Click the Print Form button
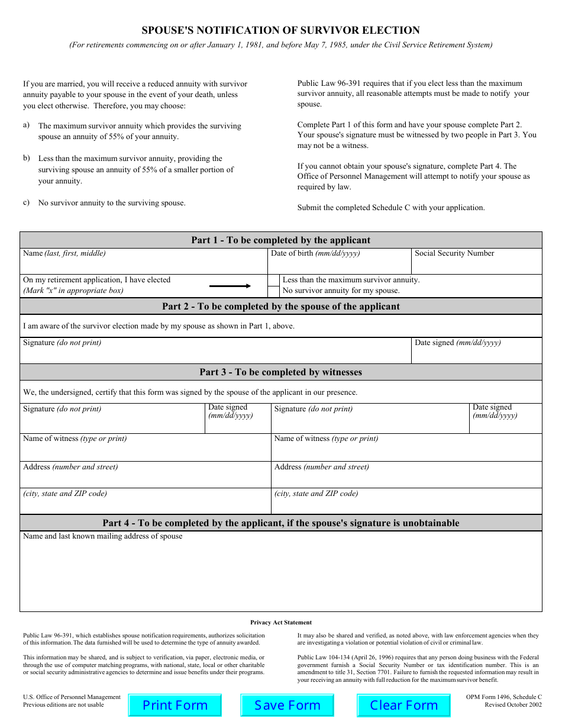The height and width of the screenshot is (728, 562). point(175,706)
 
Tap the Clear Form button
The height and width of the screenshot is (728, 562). point(403,706)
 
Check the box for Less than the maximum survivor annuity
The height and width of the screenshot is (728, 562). point(273,280)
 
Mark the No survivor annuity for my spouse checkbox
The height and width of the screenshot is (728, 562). point(273,291)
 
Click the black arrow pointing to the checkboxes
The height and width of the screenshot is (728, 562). point(230,286)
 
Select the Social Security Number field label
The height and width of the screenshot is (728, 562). point(454,253)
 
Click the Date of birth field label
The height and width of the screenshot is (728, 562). point(315,253)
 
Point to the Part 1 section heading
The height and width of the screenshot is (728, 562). point(280,240)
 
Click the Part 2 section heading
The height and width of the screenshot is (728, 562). point(280,307)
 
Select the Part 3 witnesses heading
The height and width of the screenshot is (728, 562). point(280,372)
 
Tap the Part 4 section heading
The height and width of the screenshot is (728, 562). point(280,523)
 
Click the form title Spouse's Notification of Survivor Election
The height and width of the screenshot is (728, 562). point(280,30)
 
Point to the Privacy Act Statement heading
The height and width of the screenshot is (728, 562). point(280,623)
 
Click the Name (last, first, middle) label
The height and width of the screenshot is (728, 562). point(64,253)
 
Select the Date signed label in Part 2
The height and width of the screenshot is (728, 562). point(457,343)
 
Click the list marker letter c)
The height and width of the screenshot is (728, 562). point(27,202)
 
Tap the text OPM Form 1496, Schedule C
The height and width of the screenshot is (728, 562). point(503,697)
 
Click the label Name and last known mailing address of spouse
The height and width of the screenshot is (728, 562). point(102,536)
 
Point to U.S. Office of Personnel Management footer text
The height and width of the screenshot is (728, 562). point(72,697)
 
